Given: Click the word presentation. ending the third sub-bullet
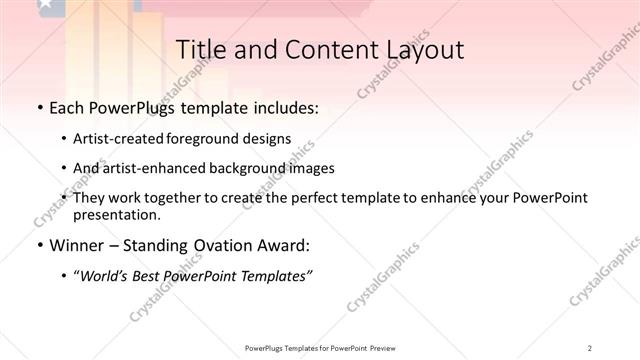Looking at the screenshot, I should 116,214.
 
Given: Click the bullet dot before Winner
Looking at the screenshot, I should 38,245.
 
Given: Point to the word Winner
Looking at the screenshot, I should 75,245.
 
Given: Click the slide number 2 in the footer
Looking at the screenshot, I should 590,347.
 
